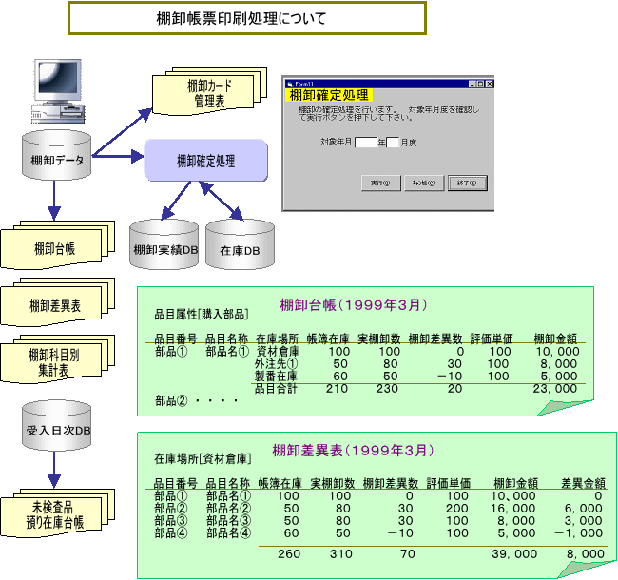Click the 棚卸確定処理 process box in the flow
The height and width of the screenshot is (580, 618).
point(205,162)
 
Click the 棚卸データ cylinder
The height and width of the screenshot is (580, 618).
point(54,159)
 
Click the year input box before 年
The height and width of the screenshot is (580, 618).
point(366,143)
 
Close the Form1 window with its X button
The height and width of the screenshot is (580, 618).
point(489,84)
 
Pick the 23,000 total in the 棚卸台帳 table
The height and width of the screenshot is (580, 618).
point(556,389)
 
